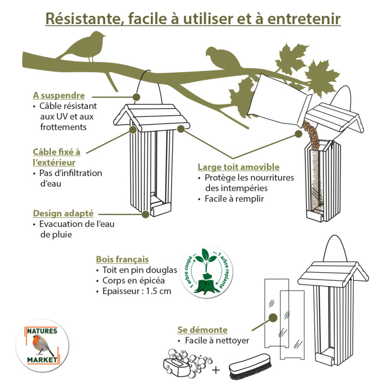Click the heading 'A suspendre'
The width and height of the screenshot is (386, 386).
pos(59,96)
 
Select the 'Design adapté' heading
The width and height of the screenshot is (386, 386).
pos(63,213)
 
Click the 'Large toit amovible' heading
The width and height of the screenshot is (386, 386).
pos(238,167)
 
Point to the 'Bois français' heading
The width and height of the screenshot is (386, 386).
pos(122,259)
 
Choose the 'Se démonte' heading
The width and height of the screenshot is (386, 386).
pos(202,330)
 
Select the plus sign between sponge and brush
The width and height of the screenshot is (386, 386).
pos(216,370)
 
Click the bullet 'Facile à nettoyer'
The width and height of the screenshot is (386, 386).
pos(217,341)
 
